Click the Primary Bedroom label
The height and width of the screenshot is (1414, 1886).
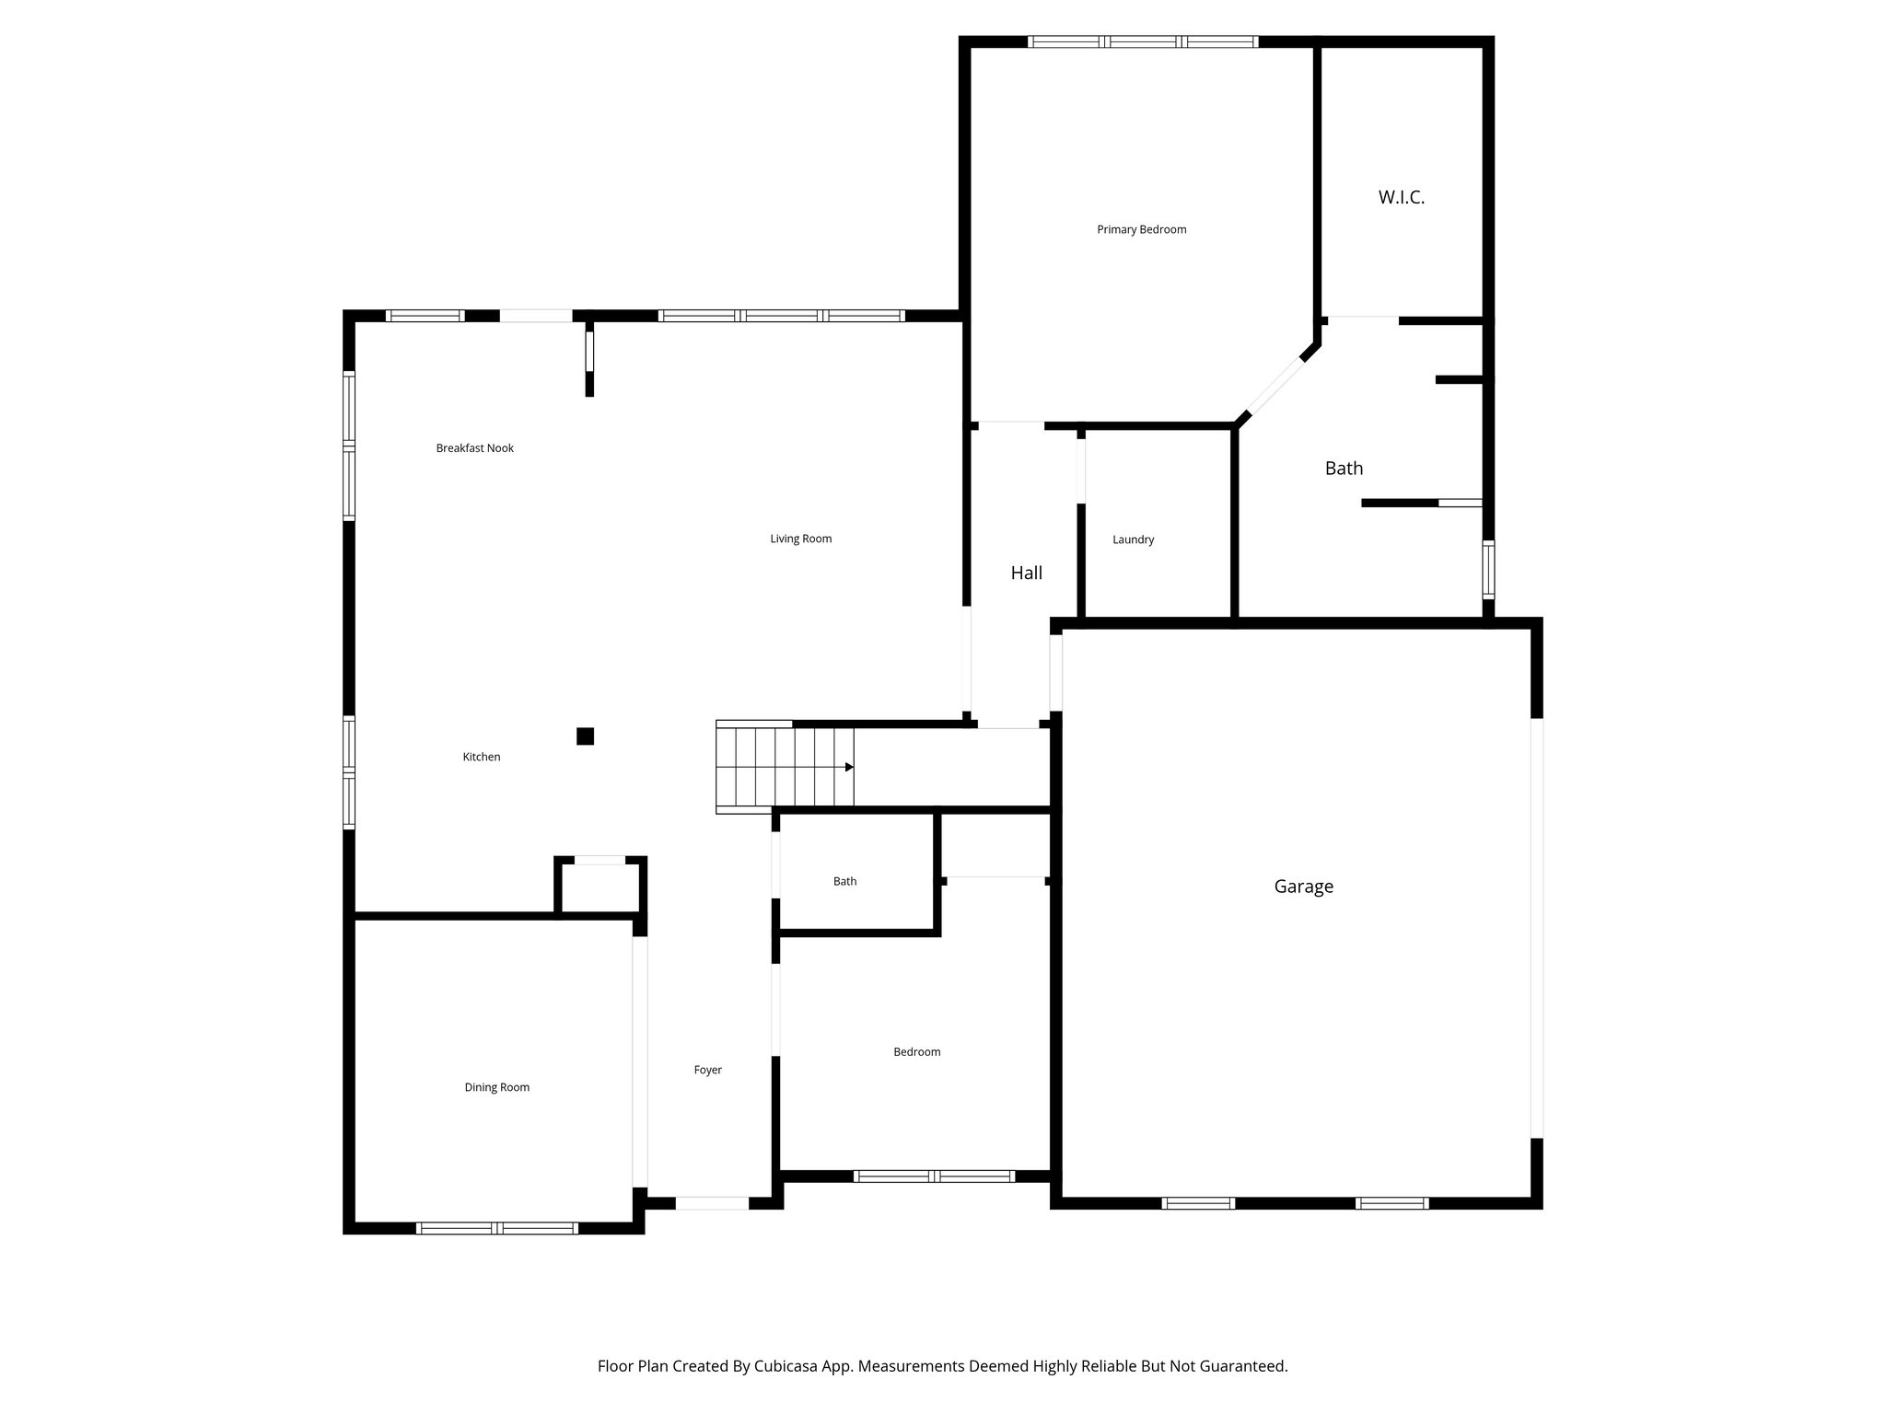[1141, 229]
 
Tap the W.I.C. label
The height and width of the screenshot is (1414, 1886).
[1401, 197]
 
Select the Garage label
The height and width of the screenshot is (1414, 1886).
[1303, 887]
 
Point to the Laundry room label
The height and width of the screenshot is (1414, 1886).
[1133, 539]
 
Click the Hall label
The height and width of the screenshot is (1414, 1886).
[1026, 573]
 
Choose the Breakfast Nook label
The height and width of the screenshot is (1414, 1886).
[474, 448]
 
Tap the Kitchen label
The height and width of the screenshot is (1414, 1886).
[481, 757]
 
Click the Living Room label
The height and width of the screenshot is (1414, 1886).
[800, 539]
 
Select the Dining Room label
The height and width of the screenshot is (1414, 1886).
[496, 1087]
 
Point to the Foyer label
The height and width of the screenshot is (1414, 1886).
[707, 1070]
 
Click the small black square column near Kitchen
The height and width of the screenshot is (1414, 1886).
[585, 736]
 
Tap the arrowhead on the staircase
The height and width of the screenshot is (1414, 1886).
[849, 767]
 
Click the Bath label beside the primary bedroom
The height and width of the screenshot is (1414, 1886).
[1344, 469]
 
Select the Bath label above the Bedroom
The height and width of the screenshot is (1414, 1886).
[844, 881]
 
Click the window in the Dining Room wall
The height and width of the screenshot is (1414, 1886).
[497, 1227]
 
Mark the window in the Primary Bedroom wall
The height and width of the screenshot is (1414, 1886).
[1142, 41]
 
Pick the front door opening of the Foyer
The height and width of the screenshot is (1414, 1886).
[712, 1202]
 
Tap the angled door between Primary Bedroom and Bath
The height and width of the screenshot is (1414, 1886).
[1276, 387]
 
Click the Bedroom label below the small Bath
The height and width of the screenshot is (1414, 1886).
[916, 1051]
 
